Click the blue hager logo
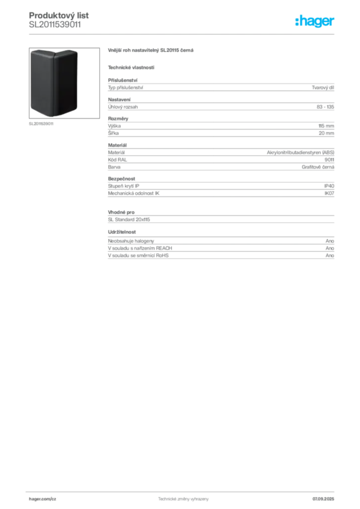coord(315,21)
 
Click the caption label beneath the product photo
coord(42,125)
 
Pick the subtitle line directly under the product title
coord(131,67)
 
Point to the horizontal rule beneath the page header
coord(183,33)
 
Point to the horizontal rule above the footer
coord(183,490)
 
